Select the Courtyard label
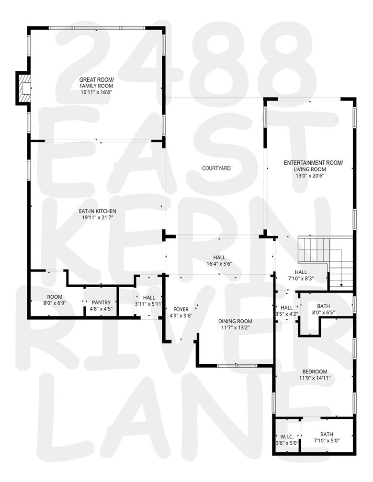(216, 168)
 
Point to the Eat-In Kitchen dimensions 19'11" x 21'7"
(98, 217)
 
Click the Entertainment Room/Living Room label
(313, 166)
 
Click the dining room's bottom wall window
(236, 366)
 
